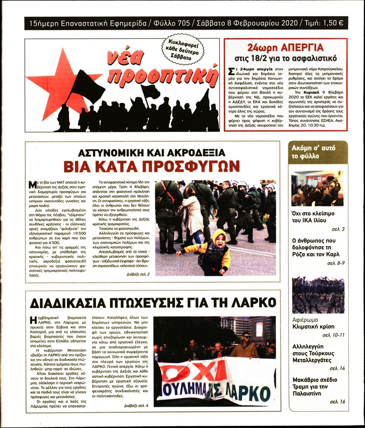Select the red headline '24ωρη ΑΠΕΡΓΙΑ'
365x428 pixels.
pyautogui.click(x=285, y=48)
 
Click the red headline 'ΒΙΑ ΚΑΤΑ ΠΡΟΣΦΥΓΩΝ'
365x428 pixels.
pyautogui.click(x=152, y=166)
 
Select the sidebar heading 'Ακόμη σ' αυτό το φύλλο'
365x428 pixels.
pyautogui.click(x=318, y=152)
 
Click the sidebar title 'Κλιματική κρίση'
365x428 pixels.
pyautogui.click(x=313, y=327)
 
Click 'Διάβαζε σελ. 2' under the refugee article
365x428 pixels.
pyautogui.click(x=138, y=274)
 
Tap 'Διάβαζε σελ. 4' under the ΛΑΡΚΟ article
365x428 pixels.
pyautogui.click(x=136, y=405)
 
